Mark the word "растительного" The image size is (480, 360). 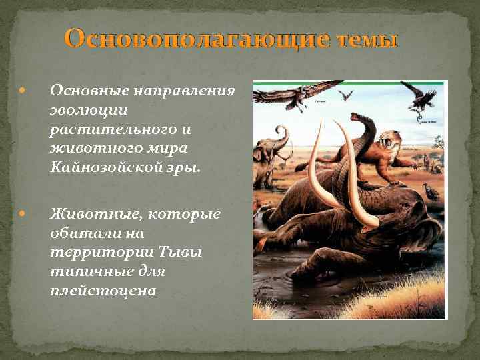100,127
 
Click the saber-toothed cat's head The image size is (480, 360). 388,141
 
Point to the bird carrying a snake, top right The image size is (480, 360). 421,100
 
